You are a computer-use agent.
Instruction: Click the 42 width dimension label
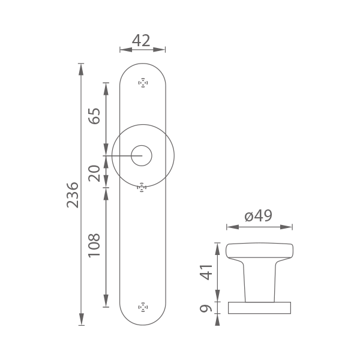(x=141, y=41)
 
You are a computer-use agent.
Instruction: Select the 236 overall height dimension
(x=73, y=195)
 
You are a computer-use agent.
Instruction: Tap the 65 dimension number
(x=95, y=116)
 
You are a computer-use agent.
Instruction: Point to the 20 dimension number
(x=95, y=173)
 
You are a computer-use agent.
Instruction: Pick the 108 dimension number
(x=95, y=245)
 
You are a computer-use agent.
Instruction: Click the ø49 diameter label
(x=258, y=216)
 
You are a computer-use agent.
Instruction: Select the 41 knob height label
(x=206, y=272)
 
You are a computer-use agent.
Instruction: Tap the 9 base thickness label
(x=206, y=308)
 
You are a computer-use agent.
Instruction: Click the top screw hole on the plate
(x=143, y=83)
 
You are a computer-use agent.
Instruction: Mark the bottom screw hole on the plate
(x=143, y=307)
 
